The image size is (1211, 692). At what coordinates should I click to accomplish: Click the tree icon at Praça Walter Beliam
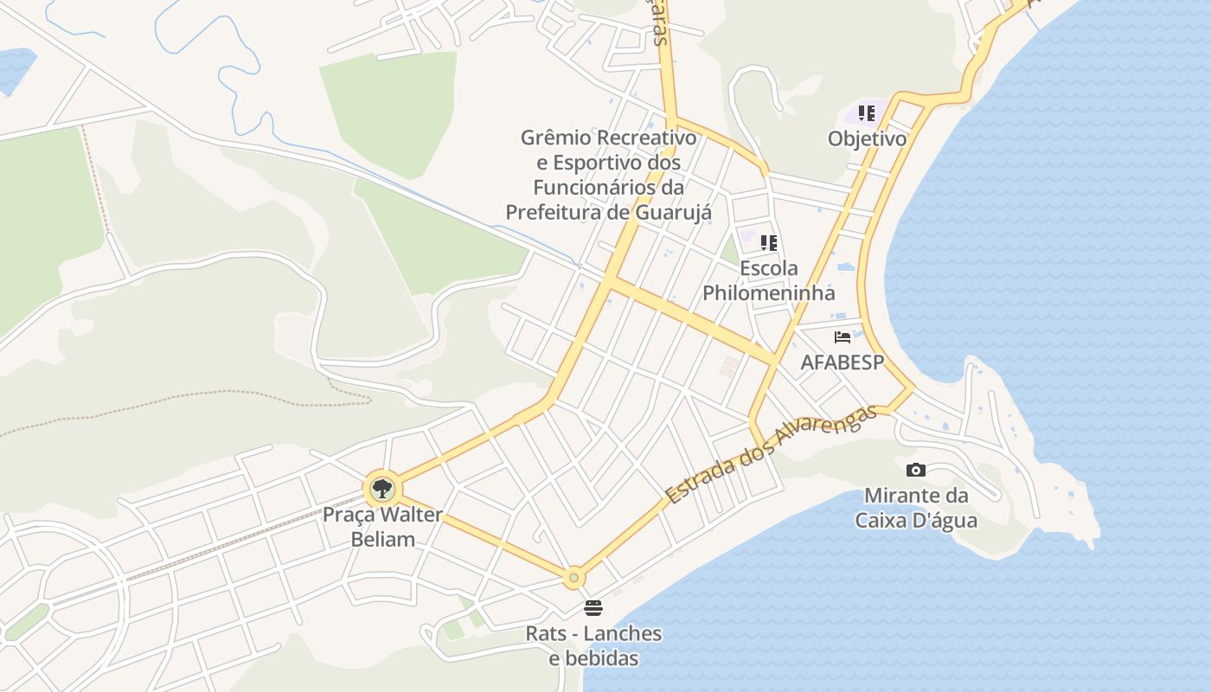pos(381,489)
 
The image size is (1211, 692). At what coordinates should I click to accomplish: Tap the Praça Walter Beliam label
pos(382,527)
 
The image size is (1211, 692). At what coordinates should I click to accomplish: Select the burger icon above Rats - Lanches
pos(593,607)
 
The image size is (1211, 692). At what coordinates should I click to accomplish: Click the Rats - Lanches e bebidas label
pos(593,646)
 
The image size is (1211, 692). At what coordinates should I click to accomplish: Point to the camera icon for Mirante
pos(916,470)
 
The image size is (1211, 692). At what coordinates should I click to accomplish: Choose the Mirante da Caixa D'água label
pos(916,508)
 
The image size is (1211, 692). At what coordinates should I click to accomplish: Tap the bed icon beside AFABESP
pos(843,337)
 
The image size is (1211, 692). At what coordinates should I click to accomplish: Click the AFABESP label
pos(843,362)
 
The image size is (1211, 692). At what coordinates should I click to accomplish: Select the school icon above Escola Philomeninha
pos(768,243)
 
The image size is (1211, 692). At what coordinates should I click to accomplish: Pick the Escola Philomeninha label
pos(768,280)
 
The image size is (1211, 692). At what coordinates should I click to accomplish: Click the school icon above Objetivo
pos(867,113)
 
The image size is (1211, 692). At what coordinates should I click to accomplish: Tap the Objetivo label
pos(867,139)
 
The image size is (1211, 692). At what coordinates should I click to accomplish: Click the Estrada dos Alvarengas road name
pos(771,454)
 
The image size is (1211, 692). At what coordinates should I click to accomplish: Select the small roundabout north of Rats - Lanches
pos(573,577)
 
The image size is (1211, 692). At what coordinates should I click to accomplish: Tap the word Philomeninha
pos(768,292)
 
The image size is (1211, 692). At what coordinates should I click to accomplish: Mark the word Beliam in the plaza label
pos(382,539)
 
